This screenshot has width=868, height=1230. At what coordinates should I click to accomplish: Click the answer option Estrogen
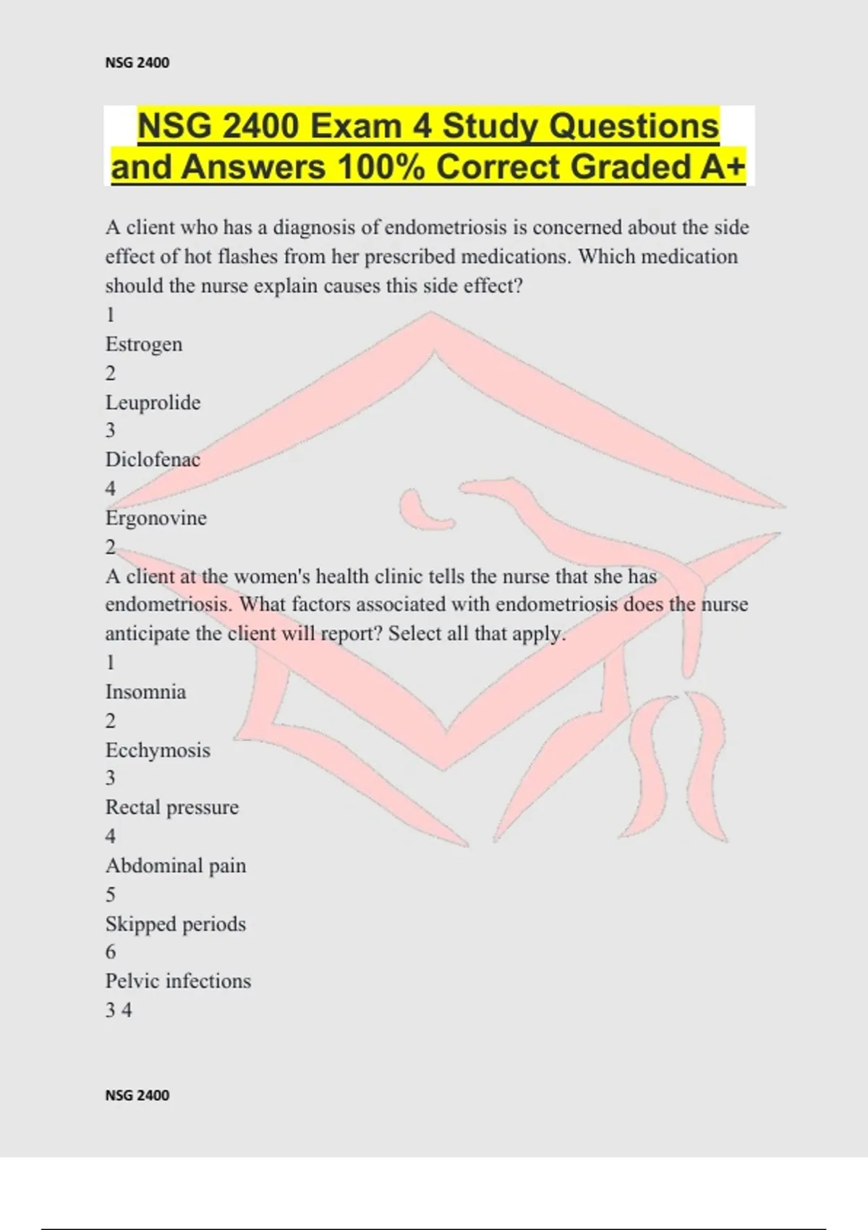[144, 344]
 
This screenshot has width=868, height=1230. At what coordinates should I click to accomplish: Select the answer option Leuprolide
[153, 402]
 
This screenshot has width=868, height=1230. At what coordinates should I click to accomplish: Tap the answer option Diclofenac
[153, 460]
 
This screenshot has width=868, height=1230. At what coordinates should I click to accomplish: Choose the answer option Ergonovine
[156, 518]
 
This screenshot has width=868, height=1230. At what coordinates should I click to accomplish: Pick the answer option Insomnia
[145, 692]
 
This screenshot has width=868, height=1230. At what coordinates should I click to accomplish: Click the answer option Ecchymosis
[158, 750]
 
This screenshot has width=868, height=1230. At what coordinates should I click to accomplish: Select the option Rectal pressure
[172, 807]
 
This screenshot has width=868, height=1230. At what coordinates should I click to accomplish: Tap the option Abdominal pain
[176, 866]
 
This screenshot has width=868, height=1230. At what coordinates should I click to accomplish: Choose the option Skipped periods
[176, 924]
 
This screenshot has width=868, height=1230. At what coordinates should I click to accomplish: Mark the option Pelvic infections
[178, 981]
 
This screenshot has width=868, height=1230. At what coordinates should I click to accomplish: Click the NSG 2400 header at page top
[137, 63]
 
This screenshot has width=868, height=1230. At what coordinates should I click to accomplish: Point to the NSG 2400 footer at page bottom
[137, 1095]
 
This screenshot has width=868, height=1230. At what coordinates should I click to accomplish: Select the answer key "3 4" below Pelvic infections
[119, 1010]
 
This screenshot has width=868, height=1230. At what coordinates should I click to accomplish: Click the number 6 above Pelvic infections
[111, 952]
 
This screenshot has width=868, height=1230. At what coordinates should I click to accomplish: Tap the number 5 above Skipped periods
[111, 895]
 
